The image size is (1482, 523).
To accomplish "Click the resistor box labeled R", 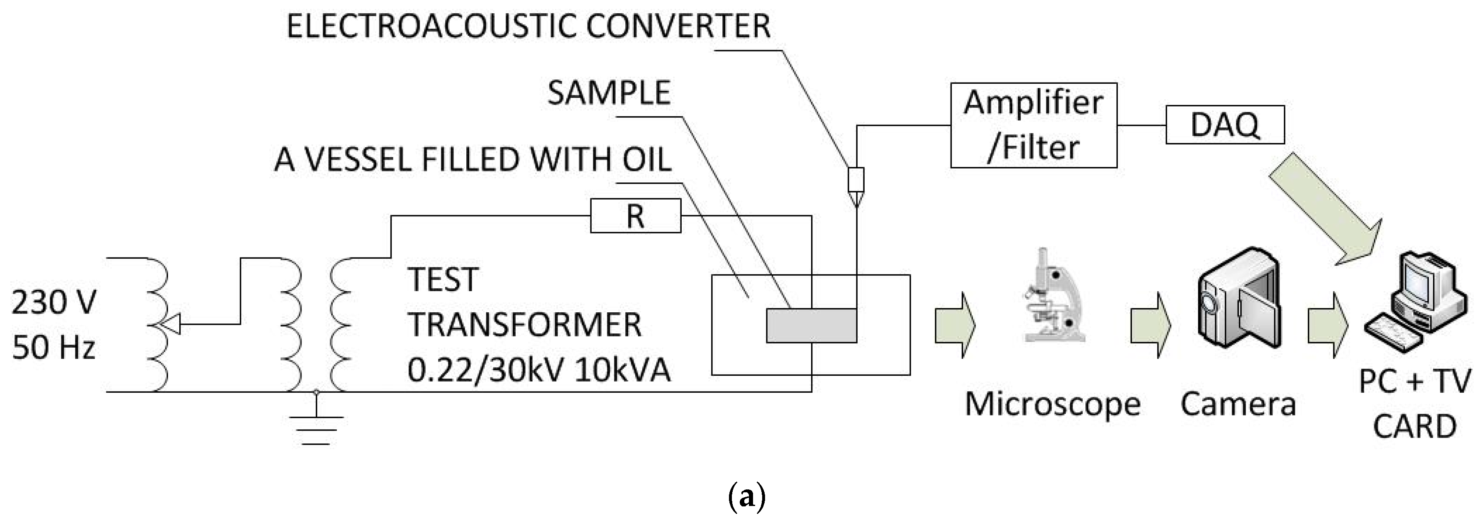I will click(635, 216).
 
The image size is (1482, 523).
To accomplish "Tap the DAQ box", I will click(1225, 124).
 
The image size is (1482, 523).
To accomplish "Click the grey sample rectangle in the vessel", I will click(811, 325).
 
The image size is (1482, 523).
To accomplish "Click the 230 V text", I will click(54, 302).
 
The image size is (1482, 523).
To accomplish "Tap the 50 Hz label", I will click(54, 348).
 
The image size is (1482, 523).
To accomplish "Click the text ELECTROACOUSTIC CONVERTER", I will click(528, 27).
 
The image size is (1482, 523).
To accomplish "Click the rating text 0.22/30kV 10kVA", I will click(539, 370).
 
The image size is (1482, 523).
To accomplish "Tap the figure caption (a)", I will click(746, 495).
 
